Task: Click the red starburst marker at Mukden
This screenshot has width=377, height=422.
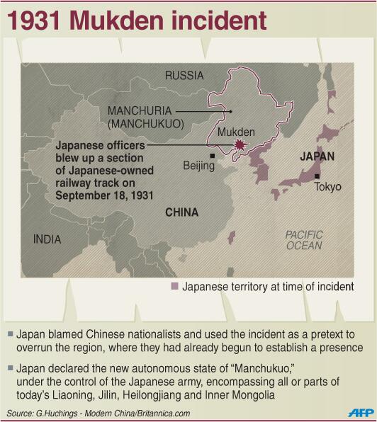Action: tap(240, 147)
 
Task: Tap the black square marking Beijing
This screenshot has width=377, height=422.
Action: tap(212, 155)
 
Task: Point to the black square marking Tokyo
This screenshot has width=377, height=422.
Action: tap(317, 176)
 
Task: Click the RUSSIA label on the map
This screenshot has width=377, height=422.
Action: tap(184, 75)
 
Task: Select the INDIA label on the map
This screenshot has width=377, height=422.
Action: tap(47, 239)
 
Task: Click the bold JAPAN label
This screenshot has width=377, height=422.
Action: tap(317, 157)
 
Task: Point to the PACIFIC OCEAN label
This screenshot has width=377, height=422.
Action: tap(304, 240)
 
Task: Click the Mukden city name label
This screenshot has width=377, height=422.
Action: tap(236, 132)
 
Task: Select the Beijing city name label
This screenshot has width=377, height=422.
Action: tap(198, 166)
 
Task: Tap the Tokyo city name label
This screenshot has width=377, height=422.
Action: tap(328, 187)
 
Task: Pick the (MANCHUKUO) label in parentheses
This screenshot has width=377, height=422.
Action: tap(146, 124)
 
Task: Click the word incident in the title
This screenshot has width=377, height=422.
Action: tap(220, 20)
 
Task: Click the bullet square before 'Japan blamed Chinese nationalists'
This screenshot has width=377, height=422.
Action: tap(9, 333)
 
